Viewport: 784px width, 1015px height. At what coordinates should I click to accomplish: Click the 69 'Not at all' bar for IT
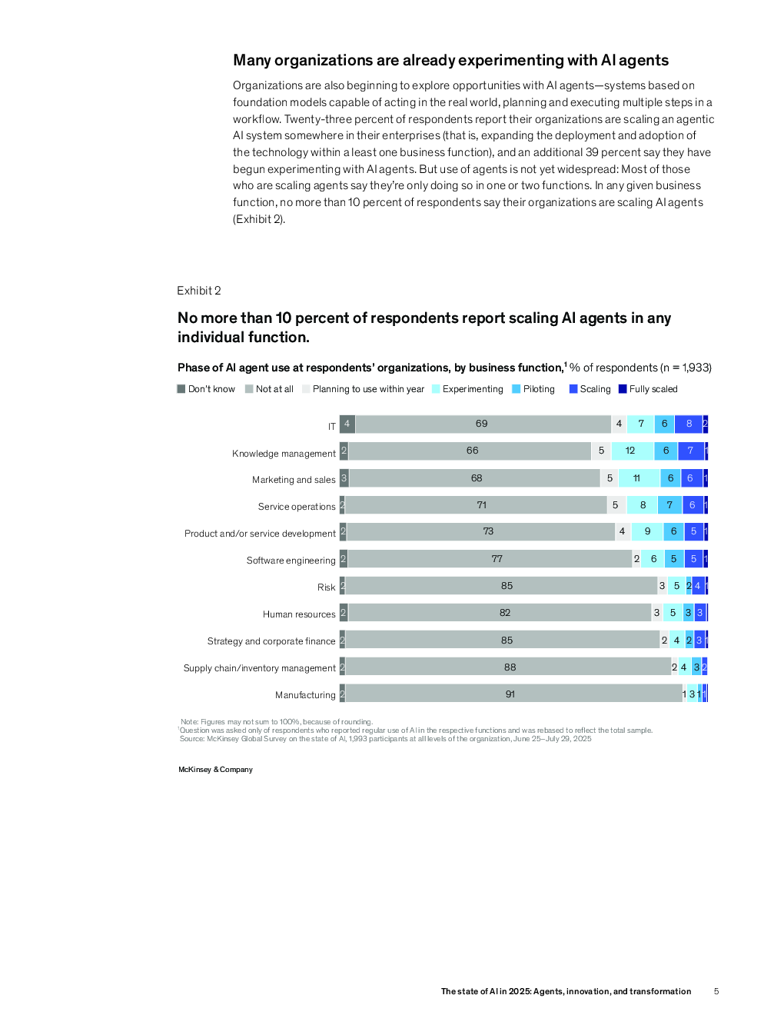pyautogui.click(x=482, y=424)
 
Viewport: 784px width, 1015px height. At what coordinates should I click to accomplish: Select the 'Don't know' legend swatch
pyautogui.click(x=181, y=389)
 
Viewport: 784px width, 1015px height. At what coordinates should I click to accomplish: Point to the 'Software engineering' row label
pyautogui.click(x=291, y=561)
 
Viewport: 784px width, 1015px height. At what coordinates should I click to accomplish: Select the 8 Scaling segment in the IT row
pyautogui.click(x=689, y=424)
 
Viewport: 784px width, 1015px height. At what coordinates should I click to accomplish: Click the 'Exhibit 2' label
pyautogui.click(x=199, y=291)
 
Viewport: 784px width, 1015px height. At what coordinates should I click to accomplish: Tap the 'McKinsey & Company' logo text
pyautogui.click(x=215, y=770)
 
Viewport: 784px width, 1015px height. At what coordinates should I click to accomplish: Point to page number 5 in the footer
pyautogui.click(x=716, y=991)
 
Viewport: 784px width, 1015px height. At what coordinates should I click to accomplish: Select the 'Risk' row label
pyautogui.click(x=327, y=587)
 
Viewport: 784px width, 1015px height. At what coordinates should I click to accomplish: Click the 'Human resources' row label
pyautogui.click(x=299, y=614)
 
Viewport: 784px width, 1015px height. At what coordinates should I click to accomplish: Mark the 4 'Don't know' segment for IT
pyautogui.click(x=347, y=424)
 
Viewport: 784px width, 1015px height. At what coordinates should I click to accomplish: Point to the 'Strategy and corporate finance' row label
pyautogui.click(x=271, y=641)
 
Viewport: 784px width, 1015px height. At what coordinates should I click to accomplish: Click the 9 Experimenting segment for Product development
pyautogui.click(x=647, y=531)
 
